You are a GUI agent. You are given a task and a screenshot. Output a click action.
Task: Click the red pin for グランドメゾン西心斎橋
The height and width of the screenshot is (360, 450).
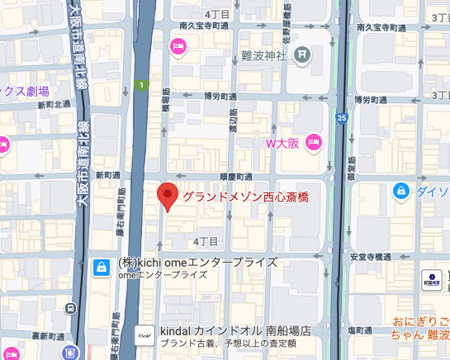tap(168, 196)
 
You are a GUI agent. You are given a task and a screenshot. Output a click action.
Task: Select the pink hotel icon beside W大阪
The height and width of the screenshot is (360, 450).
tap(314, 143)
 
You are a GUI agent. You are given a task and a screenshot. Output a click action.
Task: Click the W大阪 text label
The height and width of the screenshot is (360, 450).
tap(284, 143)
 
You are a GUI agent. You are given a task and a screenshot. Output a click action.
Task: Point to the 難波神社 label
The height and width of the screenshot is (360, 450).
tap(264, 55)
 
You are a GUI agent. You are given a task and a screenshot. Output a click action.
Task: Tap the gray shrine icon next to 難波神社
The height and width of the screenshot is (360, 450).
tap(302, 55)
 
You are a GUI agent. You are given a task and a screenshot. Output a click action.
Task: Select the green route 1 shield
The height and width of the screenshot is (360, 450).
tap(142, 84)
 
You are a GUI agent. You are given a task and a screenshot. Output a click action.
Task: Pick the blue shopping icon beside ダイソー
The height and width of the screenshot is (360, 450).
tap(400, 192)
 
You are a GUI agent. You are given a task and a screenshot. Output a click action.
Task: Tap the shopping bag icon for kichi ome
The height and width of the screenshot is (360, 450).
tap(100, 267)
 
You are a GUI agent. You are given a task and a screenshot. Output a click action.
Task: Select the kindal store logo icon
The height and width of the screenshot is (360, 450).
tap(144, 334)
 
